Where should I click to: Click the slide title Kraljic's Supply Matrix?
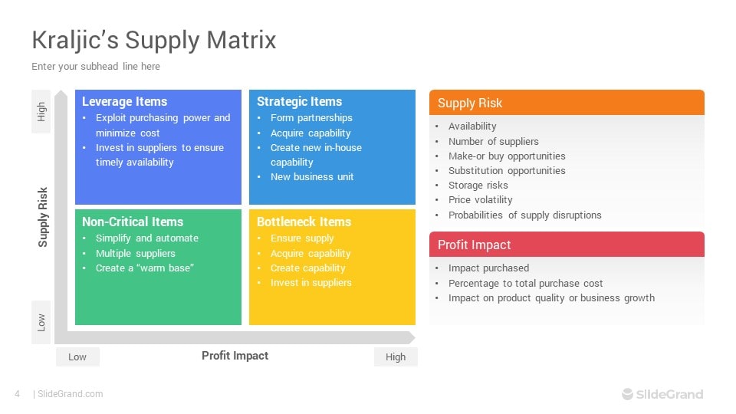coord(153,41)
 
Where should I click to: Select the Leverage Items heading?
coord(124,101)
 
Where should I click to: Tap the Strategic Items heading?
coord(299,101)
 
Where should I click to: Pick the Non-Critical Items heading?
coord(133,222)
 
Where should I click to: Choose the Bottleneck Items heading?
coord(304,222)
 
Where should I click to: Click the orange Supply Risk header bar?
coord(567,102)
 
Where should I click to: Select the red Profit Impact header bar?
coord(567,244)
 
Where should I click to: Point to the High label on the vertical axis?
coord(41,112)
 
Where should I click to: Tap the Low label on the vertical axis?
coord(41,323)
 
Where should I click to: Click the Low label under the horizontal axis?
coord(77,356)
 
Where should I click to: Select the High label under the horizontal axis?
coord(396,356)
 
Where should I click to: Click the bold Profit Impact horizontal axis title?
coord(235,356)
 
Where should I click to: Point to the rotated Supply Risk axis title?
coord(43,217)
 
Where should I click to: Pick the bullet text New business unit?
coord(312,177)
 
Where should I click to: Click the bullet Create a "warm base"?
coord(145,268)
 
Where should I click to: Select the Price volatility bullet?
coord(480,200)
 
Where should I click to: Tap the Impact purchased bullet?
coord(488,268)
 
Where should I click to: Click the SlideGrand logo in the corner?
coord(662,394)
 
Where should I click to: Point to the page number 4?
coord(18,394)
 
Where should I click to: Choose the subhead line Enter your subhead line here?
coord(96,66)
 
